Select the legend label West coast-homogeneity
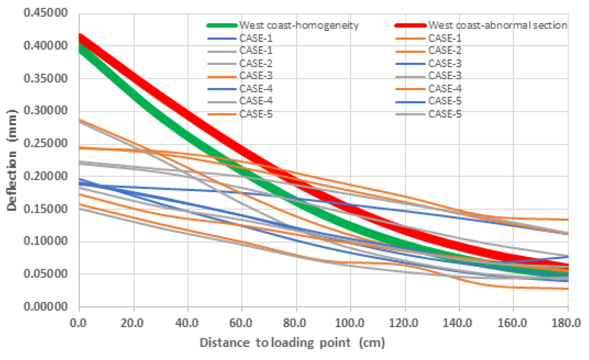[299, 25]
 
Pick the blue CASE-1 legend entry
[254, 38]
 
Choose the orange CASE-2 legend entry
[445, 51]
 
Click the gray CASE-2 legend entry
[254, 63]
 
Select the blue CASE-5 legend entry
[445, 101]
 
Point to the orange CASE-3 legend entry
[254, 76]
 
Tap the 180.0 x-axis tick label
[568, 323]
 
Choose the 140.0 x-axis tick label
[460, 323]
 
